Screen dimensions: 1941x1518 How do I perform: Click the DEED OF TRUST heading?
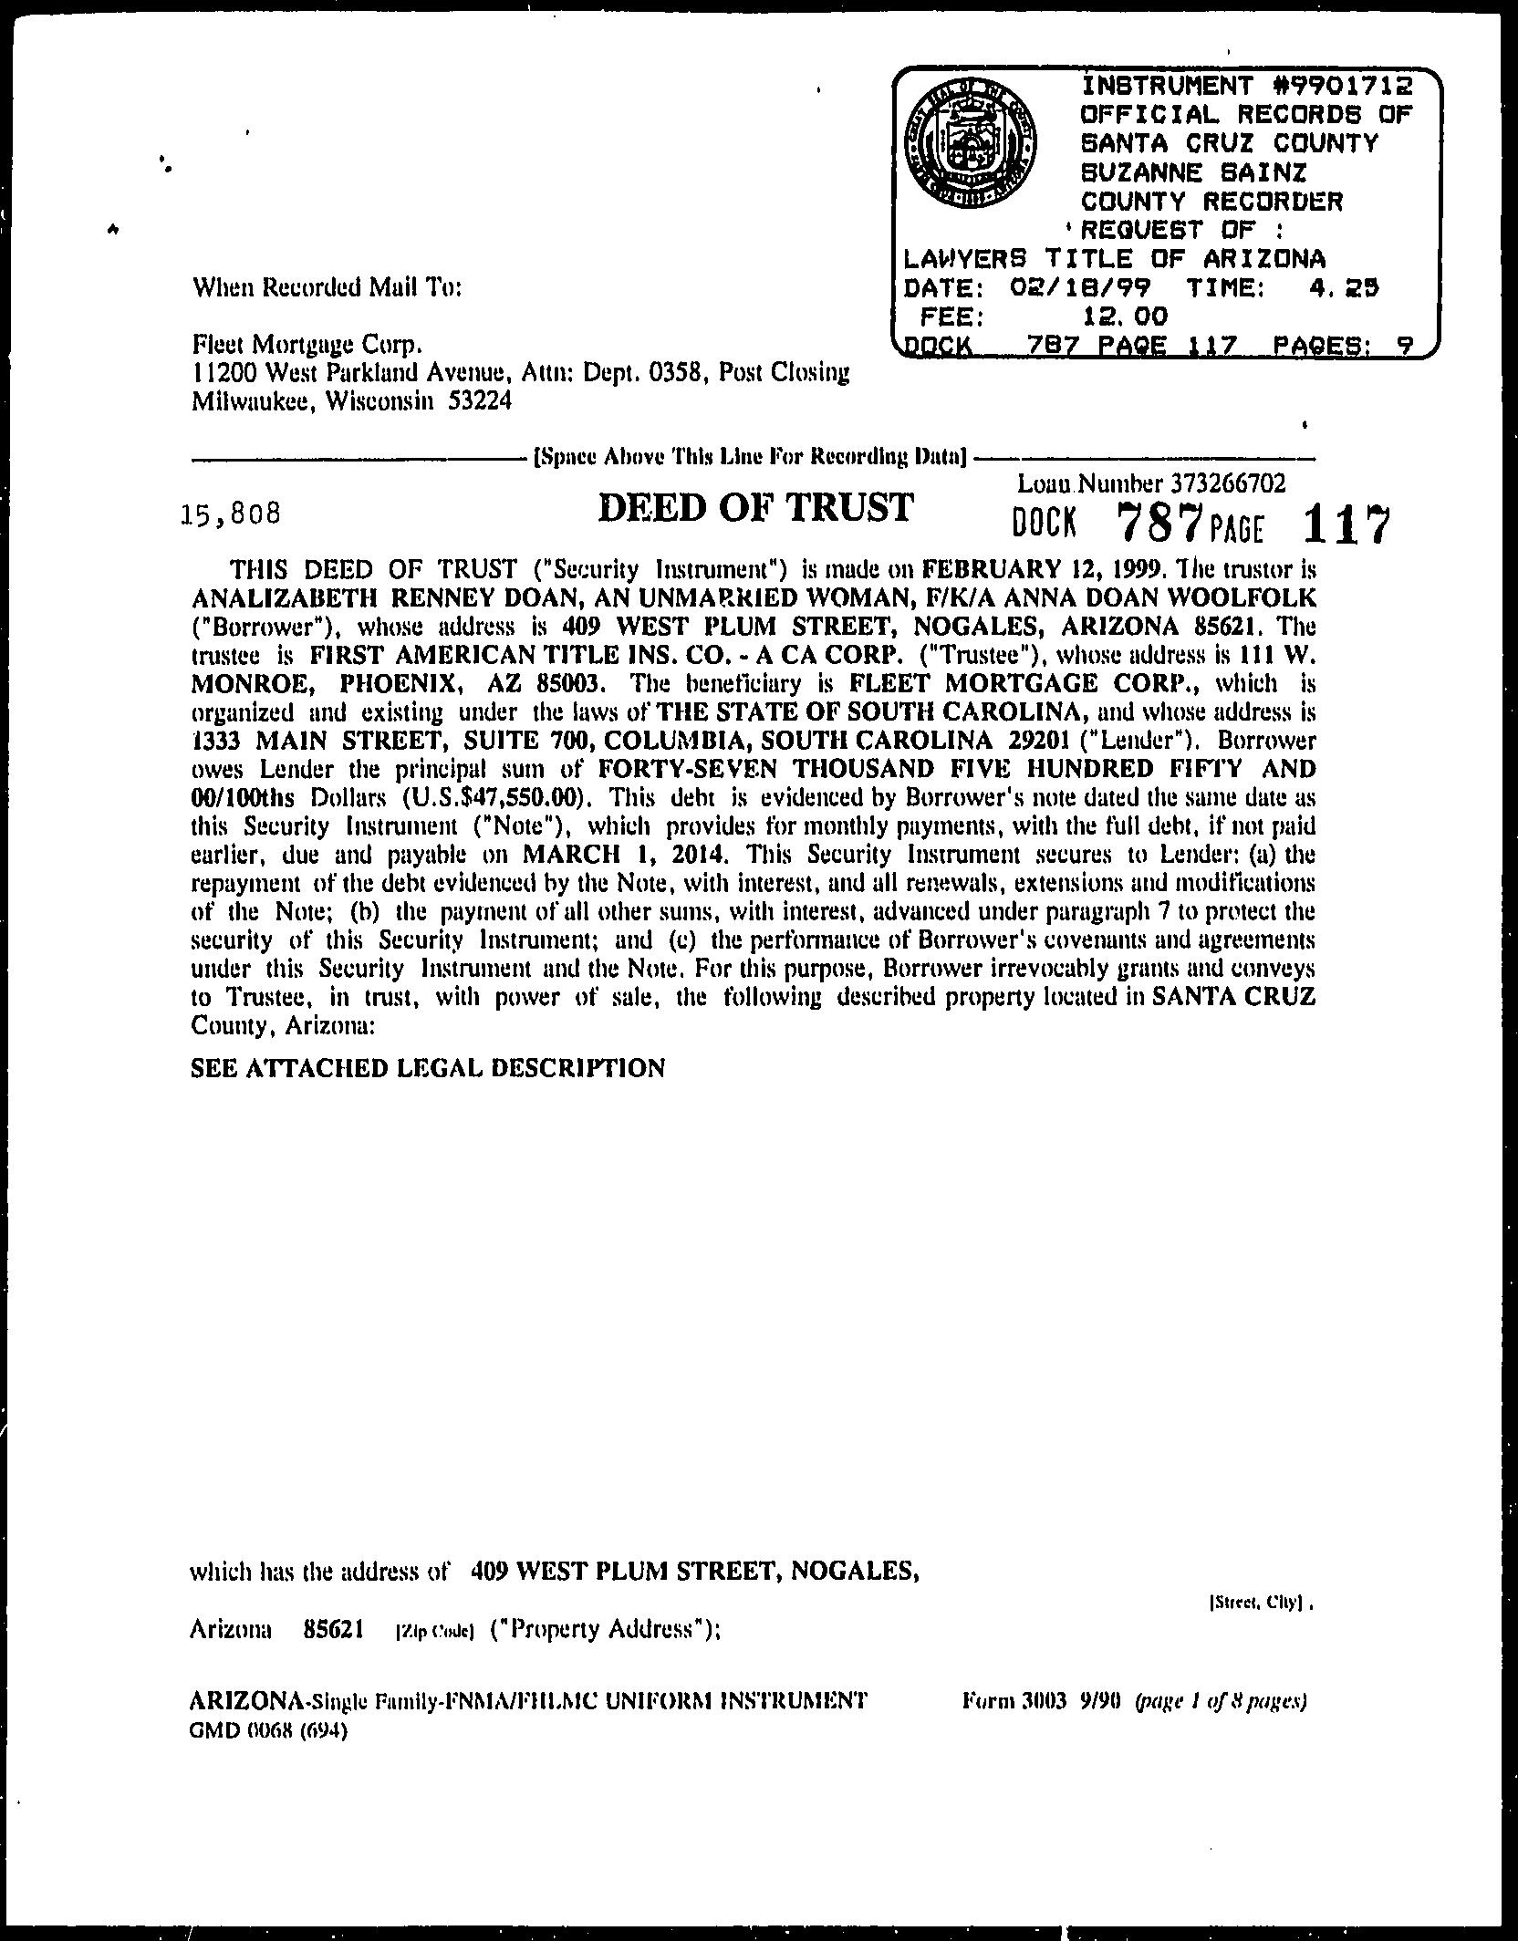pos(754,508)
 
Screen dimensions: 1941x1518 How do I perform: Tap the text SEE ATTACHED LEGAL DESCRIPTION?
pos(428,1067)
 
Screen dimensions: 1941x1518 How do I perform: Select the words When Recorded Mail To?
pos(328,288)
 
